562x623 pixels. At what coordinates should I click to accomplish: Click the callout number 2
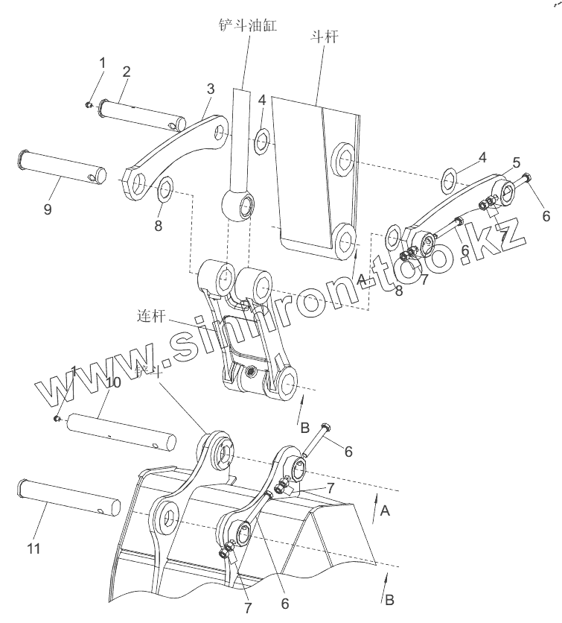tap(127, 72)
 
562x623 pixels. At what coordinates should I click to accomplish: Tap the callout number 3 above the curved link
tap(211, 89)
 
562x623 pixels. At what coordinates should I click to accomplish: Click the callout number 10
tap(113, 382)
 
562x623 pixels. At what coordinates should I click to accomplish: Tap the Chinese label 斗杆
tap(324, 36)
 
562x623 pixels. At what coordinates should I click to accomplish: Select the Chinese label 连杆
tap(150, 316)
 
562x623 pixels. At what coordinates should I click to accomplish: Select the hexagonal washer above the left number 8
tap(165, 189)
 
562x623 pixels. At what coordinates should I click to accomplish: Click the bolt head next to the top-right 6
tap(527, 179)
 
